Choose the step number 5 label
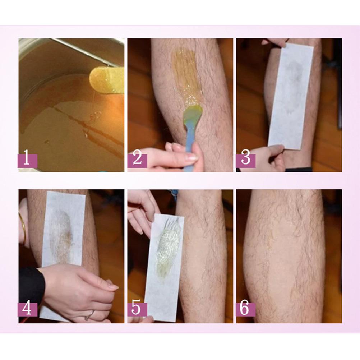(137, 309)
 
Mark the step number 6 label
(246, 309)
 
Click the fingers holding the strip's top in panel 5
(142, 208)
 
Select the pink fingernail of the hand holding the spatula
(191, 157)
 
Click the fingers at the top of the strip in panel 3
(275, 42)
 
